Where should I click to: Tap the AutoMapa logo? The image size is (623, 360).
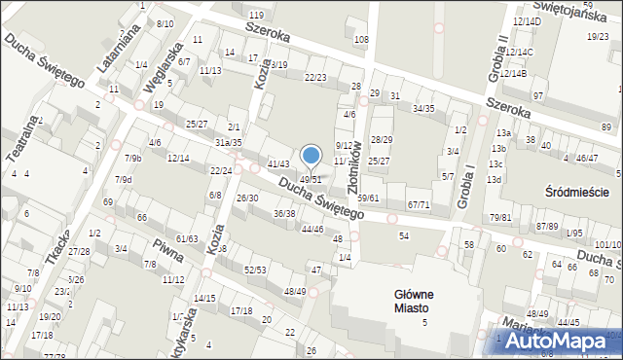tap(555, 342)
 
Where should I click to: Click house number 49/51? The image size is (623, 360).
tap(311, 180)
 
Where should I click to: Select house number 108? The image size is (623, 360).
tap(361, 39)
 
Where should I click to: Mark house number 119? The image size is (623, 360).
tap(256, 15)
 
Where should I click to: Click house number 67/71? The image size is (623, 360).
tap(419, 204)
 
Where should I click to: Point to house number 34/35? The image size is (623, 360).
tap(423, 108)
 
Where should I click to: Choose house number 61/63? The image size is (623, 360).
tap(187, 238)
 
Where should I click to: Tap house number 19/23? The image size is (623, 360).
tap(598, 36)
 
